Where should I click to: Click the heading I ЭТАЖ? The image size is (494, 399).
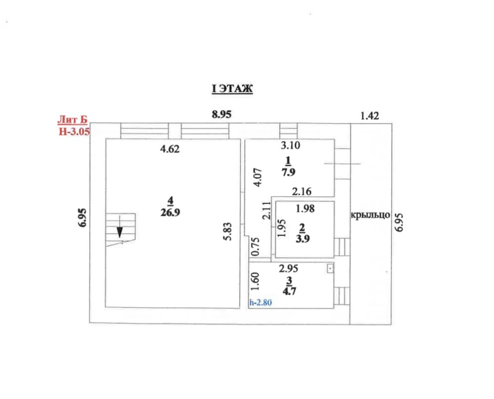[x=232, y=89]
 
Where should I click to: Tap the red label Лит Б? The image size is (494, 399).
[x=72, y=120]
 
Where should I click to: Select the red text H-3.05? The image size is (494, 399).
[x=74, y=132]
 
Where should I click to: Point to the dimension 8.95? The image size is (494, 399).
[x=221, y=114]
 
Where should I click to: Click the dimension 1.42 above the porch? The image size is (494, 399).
[x=369, y=116]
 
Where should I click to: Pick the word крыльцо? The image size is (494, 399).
[x=370, y=215]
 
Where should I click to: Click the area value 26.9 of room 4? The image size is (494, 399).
[x=170, y=213]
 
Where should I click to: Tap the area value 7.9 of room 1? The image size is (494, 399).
[x=288, y=172]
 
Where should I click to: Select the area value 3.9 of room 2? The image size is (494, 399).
[x=303, y=239]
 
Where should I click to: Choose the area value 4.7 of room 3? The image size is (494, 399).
[x=289, y=291]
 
